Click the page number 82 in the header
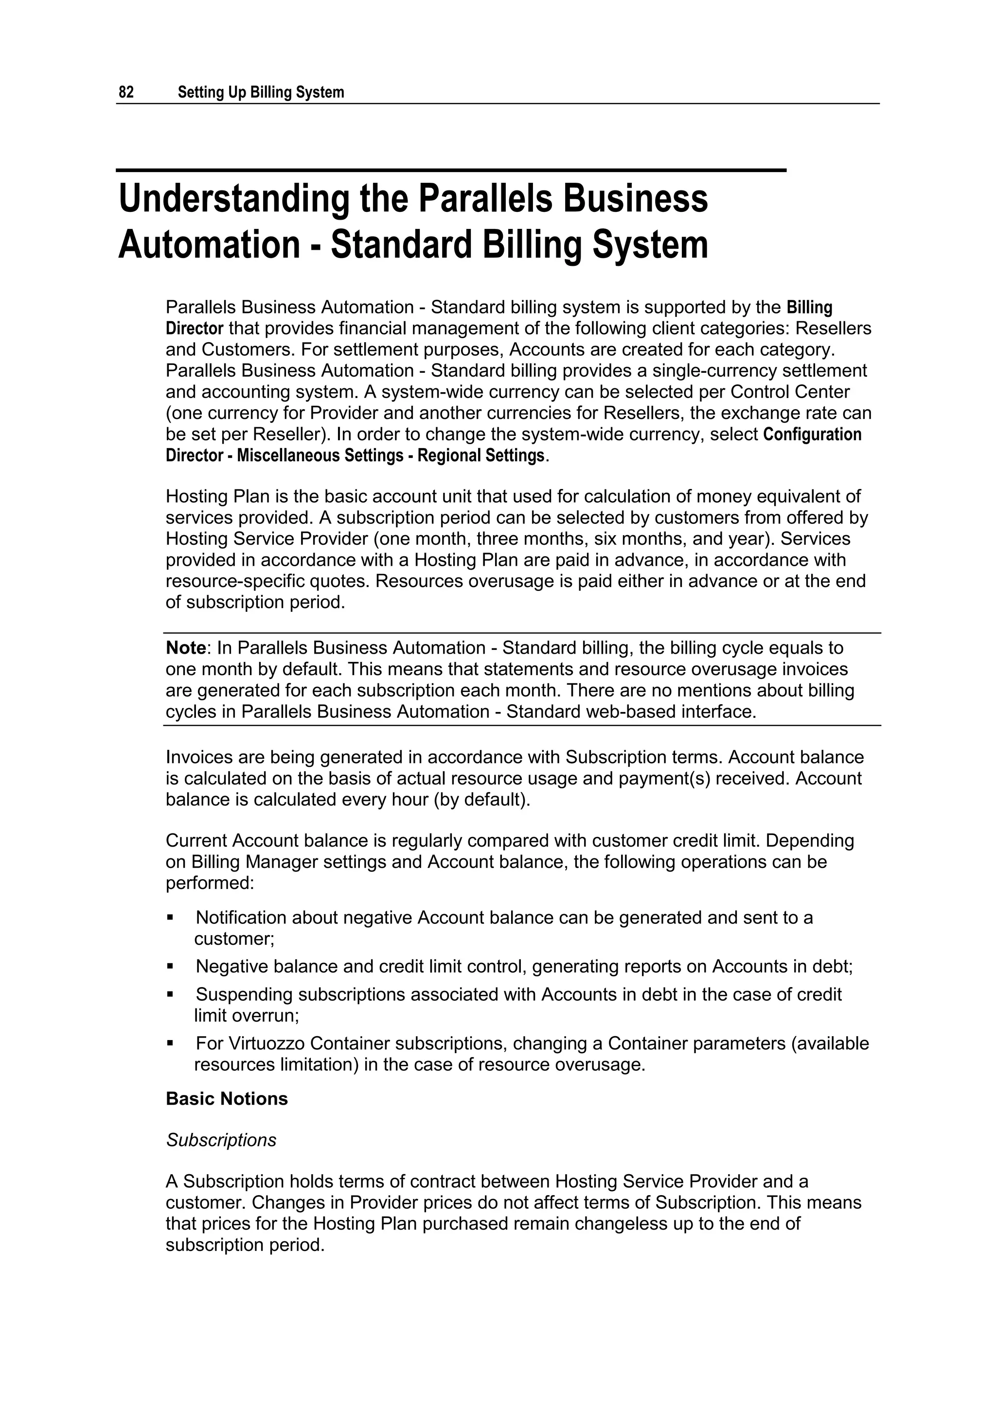[x=126, y=92]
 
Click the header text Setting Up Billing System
[x=261, y=92]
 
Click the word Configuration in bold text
[x=812, y=434]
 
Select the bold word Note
[x=185, y=648]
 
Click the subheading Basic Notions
[x=226, y=1098]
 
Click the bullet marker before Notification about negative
[x=170, y=918]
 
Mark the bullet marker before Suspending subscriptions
[x=170, y=994]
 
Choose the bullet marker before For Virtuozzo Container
[x=170, y=1043]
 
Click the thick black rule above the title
[x=451, y=170]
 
